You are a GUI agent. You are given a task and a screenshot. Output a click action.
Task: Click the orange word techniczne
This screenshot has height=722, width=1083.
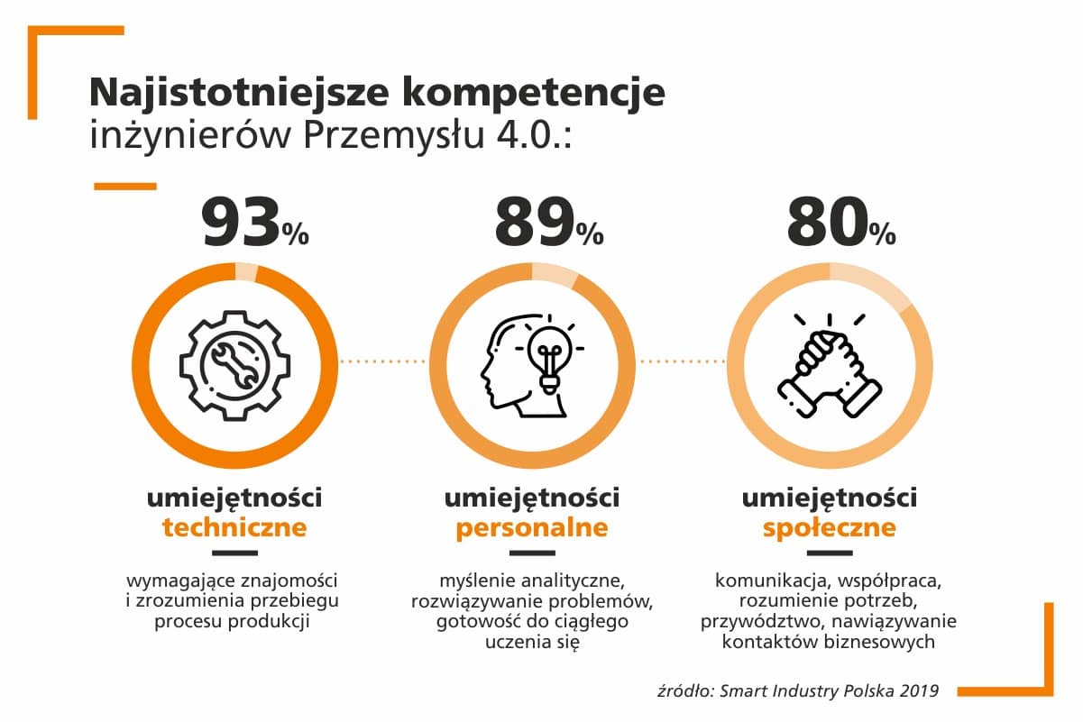[x=234, y=527]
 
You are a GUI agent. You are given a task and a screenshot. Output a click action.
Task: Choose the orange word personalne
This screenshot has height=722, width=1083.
[x=532, y=527]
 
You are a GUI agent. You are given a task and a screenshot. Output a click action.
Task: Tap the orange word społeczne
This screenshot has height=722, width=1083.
[x=830, y=527]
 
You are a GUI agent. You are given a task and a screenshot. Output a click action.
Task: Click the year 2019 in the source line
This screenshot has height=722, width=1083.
[x=918, y=691]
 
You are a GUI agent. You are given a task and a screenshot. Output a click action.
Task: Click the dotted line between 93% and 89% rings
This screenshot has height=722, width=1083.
[x=383, y=362]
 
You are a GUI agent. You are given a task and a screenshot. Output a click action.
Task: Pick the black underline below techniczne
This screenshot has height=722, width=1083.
[x=234, y=553]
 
